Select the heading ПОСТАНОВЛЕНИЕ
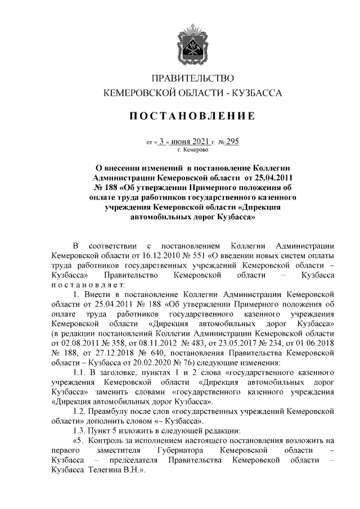coord(193,117)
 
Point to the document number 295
coord(232,142)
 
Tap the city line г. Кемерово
coord(193,150)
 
